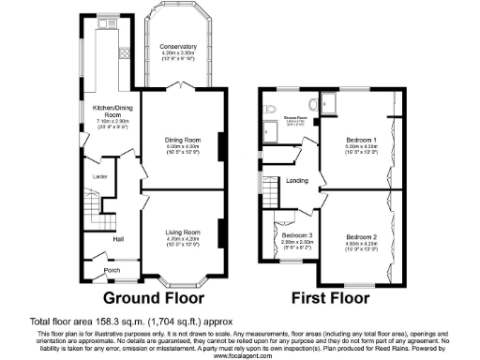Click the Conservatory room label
pos(177,47)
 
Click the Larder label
pos(96,175)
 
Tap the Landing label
pos(298,179)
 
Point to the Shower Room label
pos(296,118)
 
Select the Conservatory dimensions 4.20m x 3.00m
pos(177,53)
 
